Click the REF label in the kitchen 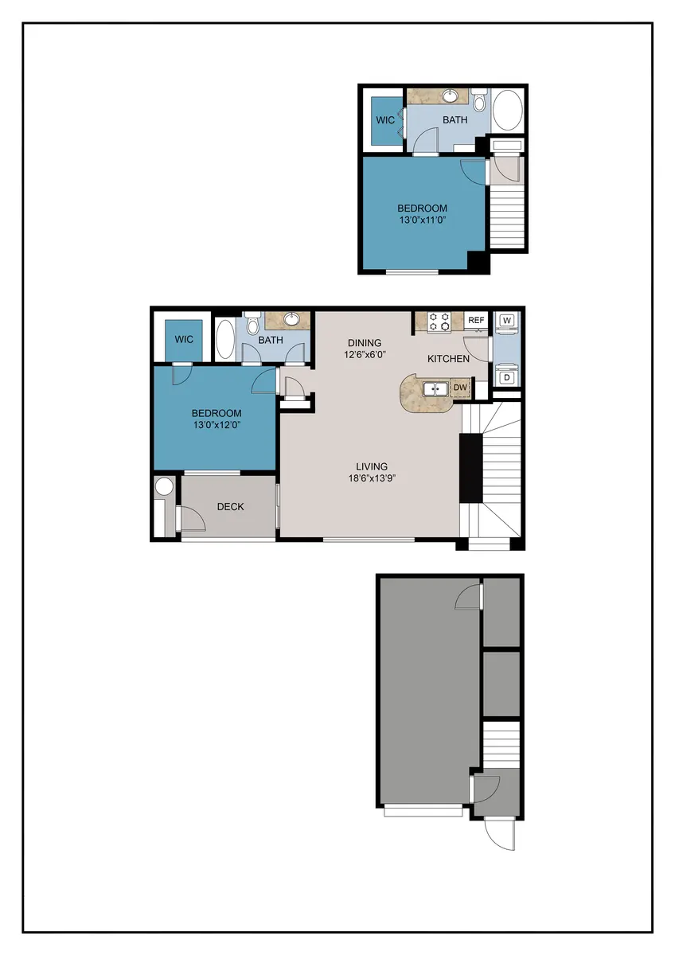476,320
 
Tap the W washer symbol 506,320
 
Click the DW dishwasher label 460,388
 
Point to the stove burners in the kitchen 439,322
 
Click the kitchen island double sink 435,389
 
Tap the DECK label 230,506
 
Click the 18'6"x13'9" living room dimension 372,478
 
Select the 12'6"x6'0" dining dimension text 365,354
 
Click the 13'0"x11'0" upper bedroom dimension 422,220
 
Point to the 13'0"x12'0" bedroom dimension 217,425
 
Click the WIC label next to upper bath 385,120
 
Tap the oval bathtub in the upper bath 507,111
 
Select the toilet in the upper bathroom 479,99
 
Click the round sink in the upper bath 450,95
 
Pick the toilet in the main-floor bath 252,323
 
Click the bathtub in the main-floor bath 224,339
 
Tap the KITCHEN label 448,359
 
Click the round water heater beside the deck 164,486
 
